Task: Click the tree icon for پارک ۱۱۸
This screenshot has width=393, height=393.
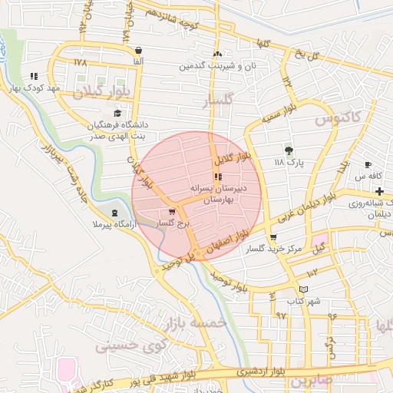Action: click(289, 150)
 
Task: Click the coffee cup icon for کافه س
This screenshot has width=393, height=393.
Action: click(368, 165)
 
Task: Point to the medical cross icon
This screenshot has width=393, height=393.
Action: click(379, 190)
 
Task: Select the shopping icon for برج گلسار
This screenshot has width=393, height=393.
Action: click(171, 212)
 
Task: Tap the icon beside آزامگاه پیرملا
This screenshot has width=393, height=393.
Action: click(114, 213)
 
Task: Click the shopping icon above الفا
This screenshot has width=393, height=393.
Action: click(137, 50)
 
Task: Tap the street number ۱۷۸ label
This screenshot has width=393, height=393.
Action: click(81, 61)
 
